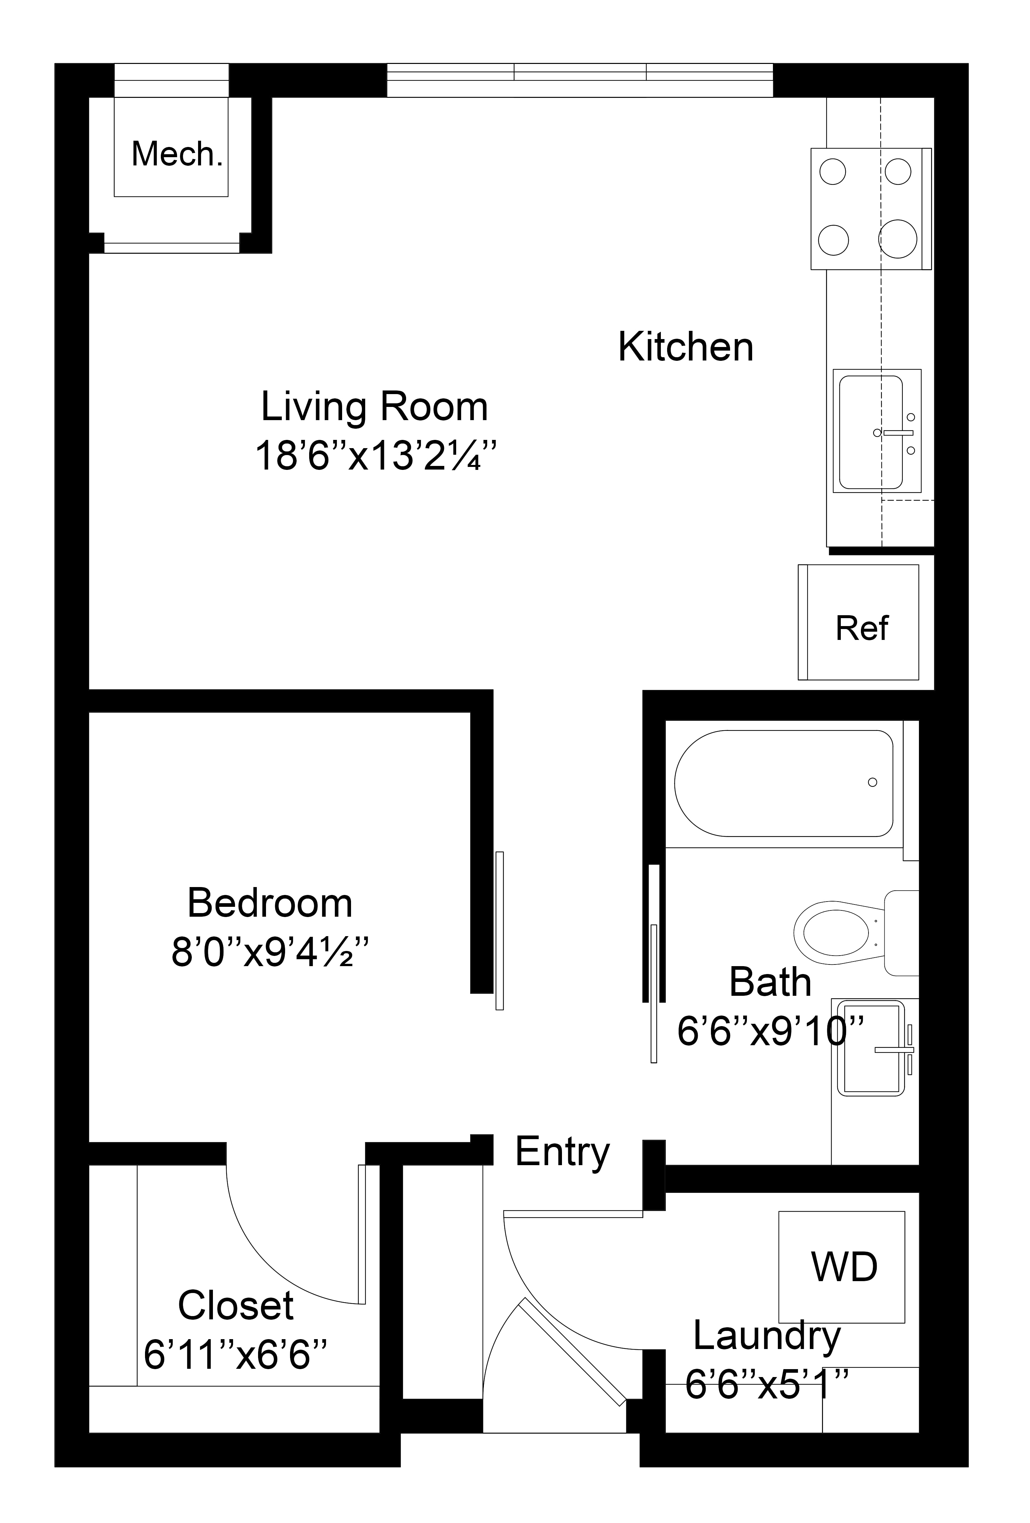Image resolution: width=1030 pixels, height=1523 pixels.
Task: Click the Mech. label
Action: point(177,155)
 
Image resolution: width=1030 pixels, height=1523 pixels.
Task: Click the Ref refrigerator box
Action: point(858,622)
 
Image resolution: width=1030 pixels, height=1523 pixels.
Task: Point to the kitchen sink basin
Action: point(871,433)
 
